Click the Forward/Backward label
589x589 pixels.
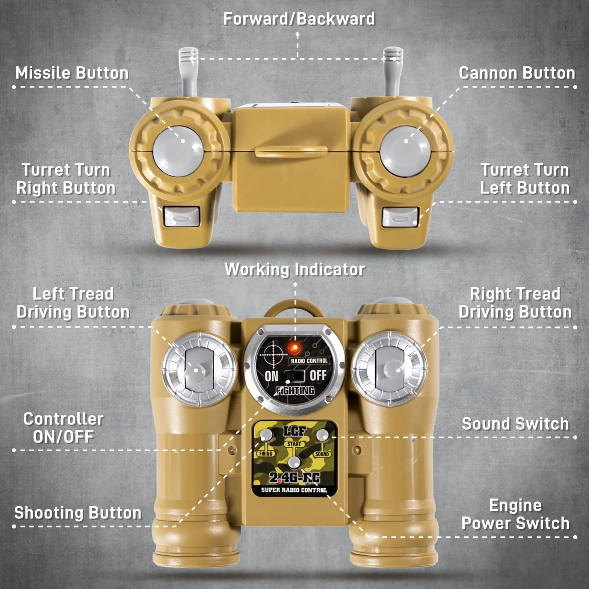299,19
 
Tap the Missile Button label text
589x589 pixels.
72,73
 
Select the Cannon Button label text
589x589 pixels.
517,73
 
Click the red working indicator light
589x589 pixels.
294,348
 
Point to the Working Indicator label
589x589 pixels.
295,269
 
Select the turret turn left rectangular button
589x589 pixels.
400,217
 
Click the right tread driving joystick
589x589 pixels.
391,370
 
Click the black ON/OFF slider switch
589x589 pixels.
294,375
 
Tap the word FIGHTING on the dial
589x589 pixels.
295,391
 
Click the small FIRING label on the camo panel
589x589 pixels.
266,453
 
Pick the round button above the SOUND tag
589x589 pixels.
322,435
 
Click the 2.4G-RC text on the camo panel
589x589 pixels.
294,477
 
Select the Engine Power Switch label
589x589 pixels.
515,514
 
